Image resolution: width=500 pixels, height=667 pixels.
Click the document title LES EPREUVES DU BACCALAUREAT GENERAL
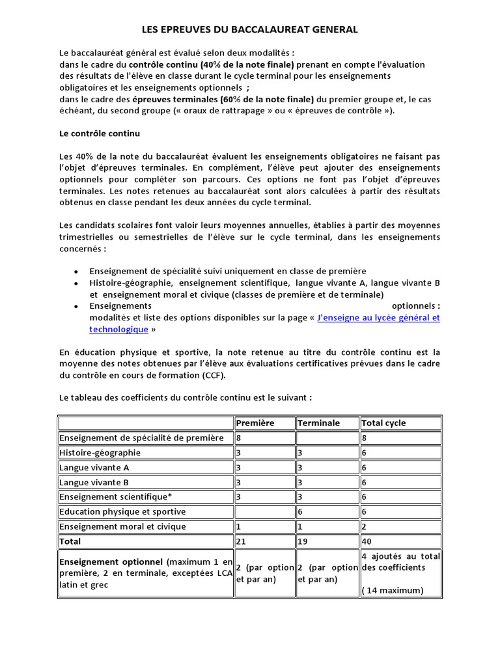250,29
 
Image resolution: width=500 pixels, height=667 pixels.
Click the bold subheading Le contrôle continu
100,134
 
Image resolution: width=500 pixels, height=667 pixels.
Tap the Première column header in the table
255,423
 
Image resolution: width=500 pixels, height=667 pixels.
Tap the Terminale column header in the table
318,423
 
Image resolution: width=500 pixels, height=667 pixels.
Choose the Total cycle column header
383,423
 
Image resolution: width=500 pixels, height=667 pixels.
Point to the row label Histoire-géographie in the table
100,453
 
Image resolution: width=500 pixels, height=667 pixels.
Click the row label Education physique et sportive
122,511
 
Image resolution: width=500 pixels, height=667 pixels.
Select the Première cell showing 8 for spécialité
239,438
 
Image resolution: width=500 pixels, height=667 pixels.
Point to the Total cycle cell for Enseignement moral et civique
364,526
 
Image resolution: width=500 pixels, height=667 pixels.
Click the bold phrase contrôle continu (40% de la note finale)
212,64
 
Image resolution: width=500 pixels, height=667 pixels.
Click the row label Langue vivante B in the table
94,482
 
